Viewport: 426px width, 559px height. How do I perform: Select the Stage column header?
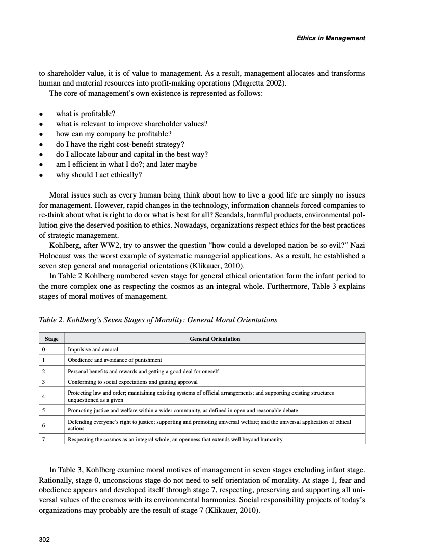click(x=51, y=339)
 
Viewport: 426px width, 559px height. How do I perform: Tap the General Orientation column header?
click(x=215, y=339)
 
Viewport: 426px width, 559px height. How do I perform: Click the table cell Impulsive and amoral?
click(x=93, y=350)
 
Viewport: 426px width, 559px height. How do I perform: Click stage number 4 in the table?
click(x=44, y=396)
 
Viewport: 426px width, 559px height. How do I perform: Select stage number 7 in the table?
click(x=44, y=439)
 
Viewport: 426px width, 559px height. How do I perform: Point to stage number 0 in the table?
click(x=44, y=350)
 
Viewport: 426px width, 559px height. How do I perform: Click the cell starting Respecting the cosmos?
click(x=175, y=439)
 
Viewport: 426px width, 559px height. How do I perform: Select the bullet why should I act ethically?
click(x=99, y=175)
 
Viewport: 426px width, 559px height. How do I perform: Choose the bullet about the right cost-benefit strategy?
click(x=120, y=144)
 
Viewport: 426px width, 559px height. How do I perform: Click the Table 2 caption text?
click(x=158, y=320)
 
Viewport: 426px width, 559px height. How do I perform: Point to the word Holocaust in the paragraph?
click(x=57, y=256)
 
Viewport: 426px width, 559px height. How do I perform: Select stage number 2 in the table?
click(x=44, y=371)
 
